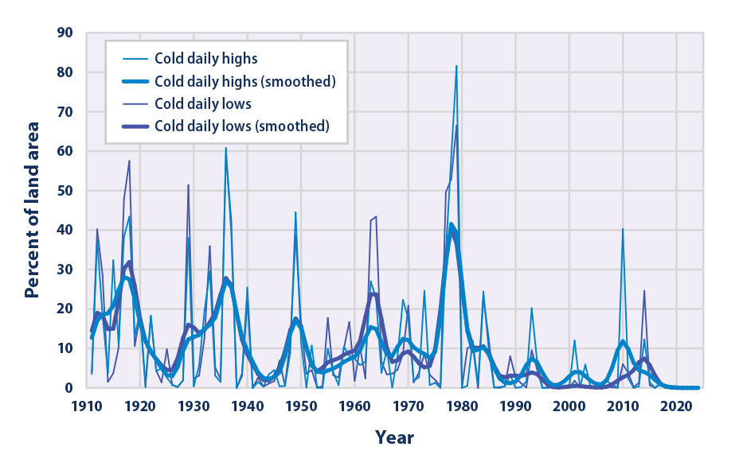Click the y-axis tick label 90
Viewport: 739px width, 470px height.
pos(65,33)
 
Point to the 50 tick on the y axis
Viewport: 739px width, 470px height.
pos(65,191)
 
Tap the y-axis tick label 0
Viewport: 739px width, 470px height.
pos(68,388)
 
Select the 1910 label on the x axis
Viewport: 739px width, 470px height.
pos(87,406)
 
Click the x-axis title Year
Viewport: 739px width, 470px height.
pos(394,437)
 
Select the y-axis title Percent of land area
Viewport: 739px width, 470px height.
pos(32,210)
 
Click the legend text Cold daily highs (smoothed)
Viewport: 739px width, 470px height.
pos(245,81)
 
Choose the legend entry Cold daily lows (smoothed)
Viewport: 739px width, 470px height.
pos(242,126)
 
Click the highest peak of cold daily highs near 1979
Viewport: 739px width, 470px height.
pos(456,66)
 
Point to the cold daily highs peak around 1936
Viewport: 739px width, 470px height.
pos(225,148)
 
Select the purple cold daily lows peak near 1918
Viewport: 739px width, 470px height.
pos(129,161)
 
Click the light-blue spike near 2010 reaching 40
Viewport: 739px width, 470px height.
pos(623,229)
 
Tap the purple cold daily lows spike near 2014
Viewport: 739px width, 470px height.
pos(644,291)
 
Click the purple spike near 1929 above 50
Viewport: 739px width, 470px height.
pos(188,185)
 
